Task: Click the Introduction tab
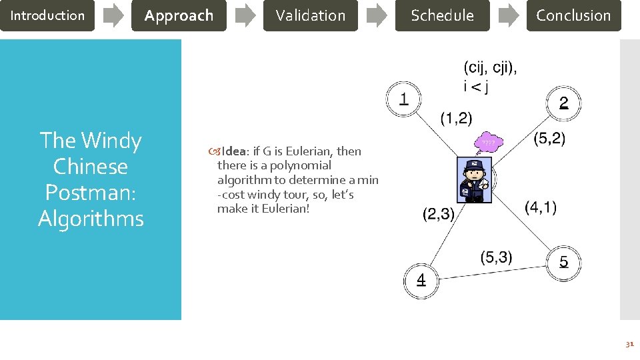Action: tap(47, 15)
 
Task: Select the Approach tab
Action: tap(179, 15)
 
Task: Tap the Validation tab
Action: tap(310, 15)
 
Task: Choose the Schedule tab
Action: tap(442, 15)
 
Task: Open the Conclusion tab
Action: tap(573, 15)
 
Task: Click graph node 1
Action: tap(403, 100)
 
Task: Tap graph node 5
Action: tap(563, 261)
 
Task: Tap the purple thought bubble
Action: tap(489, 143)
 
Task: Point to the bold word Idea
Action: tap(235, 151)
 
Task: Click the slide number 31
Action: tap(629, 344)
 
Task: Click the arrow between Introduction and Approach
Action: tap(113, 15)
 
